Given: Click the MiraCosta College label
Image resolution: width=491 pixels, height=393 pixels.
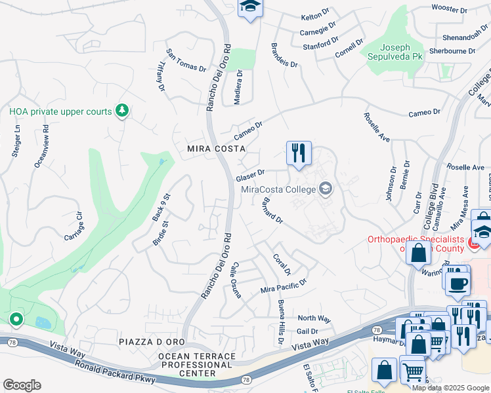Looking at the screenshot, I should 279,190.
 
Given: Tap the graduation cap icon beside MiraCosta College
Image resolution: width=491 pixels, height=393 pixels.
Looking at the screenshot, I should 325,190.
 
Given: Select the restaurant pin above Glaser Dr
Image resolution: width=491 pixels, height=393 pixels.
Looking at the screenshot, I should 299,153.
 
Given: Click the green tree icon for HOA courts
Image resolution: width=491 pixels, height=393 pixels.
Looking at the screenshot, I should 121,111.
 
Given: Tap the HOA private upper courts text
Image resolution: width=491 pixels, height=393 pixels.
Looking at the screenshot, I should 60,112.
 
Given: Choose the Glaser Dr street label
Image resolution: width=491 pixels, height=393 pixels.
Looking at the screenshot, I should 250,176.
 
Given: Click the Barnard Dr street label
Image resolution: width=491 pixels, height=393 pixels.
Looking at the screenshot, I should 272,211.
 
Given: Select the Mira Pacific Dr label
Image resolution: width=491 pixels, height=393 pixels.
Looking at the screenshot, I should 284,286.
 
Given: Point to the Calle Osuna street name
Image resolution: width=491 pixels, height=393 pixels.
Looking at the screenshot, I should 236,282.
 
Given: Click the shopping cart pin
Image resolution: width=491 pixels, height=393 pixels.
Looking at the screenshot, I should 413,372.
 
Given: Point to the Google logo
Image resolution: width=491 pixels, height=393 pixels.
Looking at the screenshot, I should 22,385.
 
